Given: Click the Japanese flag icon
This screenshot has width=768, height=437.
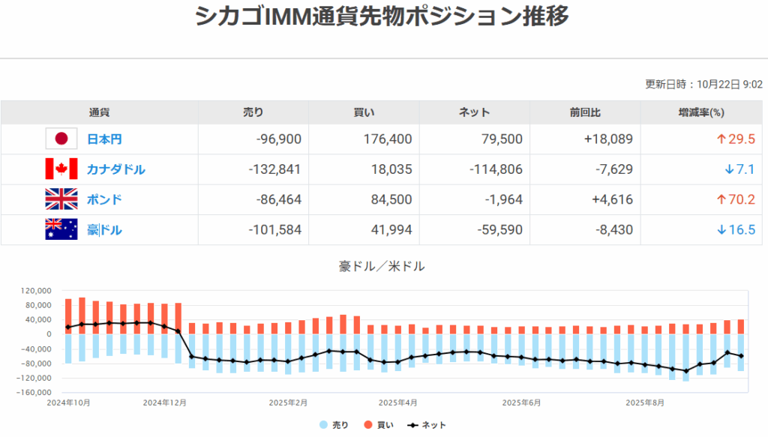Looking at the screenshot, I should click(61, 139).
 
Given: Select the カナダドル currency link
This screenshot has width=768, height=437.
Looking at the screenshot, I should click(116, 169).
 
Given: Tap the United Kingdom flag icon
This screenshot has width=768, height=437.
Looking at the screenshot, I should click(61, 199).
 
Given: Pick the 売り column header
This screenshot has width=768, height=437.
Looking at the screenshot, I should click(253, 112).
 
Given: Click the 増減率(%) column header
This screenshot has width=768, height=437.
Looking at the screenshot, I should click(701, 112).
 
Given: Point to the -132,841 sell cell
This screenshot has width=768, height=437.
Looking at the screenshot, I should click(274, 169).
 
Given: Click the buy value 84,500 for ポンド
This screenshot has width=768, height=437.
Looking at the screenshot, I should click(388, 199).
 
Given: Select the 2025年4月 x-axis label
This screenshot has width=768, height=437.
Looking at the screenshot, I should click(397, 403).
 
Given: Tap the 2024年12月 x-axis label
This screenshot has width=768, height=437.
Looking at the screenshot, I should click(166, 403).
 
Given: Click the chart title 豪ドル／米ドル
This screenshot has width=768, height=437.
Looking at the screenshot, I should click(383, 266).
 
